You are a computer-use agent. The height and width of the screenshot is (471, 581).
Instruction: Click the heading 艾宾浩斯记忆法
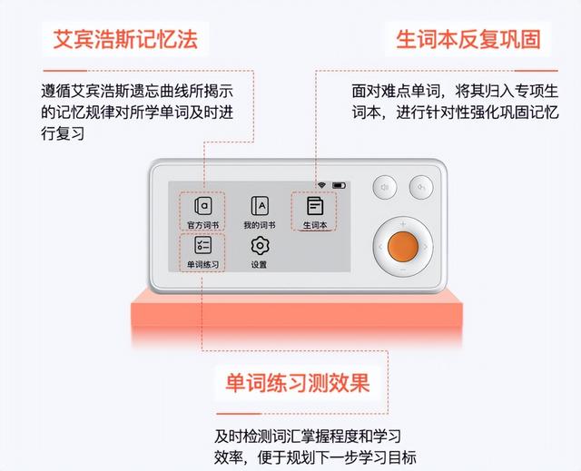[x=125, y=39]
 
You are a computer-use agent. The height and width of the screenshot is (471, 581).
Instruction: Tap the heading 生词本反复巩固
[x=468, y=39]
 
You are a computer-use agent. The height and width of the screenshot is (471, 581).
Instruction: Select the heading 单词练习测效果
[x=298, y=382]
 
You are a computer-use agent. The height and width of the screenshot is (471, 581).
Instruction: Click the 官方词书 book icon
[x=203, y=206]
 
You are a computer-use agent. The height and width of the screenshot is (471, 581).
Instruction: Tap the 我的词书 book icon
[x=260, y=206]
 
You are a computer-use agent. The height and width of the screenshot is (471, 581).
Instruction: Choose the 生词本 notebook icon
[x=315, y=206]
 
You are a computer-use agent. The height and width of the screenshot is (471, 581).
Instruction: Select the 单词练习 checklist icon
[x=203, y=245]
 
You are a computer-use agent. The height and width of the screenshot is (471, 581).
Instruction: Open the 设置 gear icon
[x=260, y=246]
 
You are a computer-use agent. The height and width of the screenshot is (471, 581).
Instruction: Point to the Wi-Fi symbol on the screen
[x=321, y=185]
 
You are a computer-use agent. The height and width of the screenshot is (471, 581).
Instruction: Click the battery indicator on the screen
[x=339, y=185]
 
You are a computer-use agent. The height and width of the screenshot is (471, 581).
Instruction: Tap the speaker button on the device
[x=385, y=187]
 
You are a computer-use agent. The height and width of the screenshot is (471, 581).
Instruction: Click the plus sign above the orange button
[x=403, y=224]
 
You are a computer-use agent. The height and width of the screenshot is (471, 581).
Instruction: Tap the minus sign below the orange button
[x=403, y=270]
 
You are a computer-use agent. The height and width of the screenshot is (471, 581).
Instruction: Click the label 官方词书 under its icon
[x=203, y=225]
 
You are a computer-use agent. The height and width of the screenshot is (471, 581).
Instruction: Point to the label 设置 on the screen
[x=259, y=265]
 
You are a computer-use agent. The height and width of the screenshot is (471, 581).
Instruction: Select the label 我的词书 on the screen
[x=260, y=225]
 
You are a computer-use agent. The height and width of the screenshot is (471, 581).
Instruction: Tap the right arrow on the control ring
[x=426, y=247]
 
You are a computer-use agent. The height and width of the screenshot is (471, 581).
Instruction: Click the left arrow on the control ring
[x=380, y=247]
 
